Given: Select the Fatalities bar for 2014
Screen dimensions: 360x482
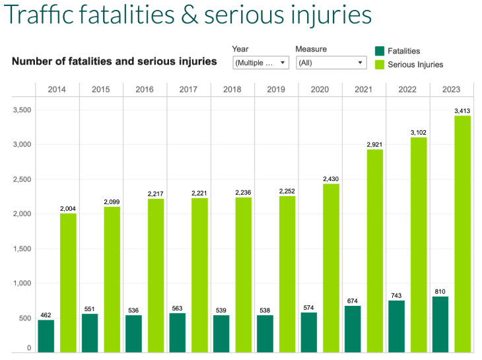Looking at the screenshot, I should pyautogui.click(x=46, y=336).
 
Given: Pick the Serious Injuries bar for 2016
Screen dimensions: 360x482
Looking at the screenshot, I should pyautogui.click(x=156, y=275).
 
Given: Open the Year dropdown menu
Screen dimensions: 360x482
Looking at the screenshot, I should pyautogui.click(x=261, y=63).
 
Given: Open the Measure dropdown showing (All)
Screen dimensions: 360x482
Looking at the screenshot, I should pyautogui.click(x=331, y=63).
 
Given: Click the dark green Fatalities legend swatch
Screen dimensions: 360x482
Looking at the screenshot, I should pyautogui.click(x=380, y=51).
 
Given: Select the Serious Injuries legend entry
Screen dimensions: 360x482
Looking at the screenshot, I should pyautogui.click(x=415, y=65).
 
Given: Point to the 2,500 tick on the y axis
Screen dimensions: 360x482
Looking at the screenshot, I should pyautogui.click(x=22, y=179).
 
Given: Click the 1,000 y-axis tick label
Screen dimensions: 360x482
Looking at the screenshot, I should pyautogui.click(x=22, y=283).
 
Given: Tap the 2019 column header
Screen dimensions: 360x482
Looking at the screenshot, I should pyautogui.click(x=276, y=90).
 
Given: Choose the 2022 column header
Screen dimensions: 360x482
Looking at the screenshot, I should pyautogui.click(x=407, y=90).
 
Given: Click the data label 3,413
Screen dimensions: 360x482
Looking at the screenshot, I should pyautogui.click(x=462, y=111).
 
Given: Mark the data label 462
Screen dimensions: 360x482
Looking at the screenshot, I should pyautogui.click(x=46, y=315).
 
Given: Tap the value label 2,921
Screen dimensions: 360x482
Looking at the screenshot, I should pyautogui.click(x=374, y=144).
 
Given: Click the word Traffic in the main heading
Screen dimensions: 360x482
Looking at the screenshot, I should pyautogui.click(x=40, y=15).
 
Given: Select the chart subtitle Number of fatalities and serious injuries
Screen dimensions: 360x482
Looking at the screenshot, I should pyautogui.click(x=114, y=61).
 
